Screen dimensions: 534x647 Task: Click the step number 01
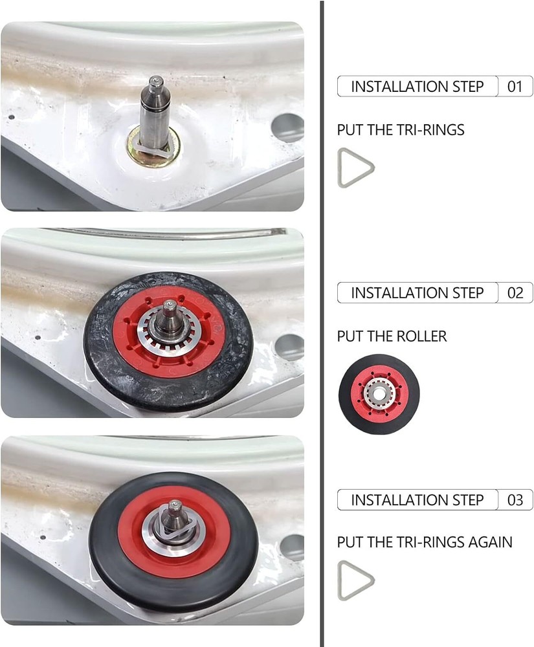[x=515, y=87]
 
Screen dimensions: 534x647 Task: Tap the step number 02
[x=515, y=293]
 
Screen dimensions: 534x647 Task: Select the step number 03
[x=515, y=500]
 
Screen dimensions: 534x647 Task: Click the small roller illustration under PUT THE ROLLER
[x=379, y=394]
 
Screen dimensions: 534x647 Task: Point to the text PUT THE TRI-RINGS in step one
[x=400, y=130]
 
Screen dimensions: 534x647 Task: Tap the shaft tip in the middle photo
[x=169, y=305]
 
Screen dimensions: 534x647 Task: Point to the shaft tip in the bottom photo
[x=175, y=504]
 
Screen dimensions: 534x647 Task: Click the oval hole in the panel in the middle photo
[x=290, y=347]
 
